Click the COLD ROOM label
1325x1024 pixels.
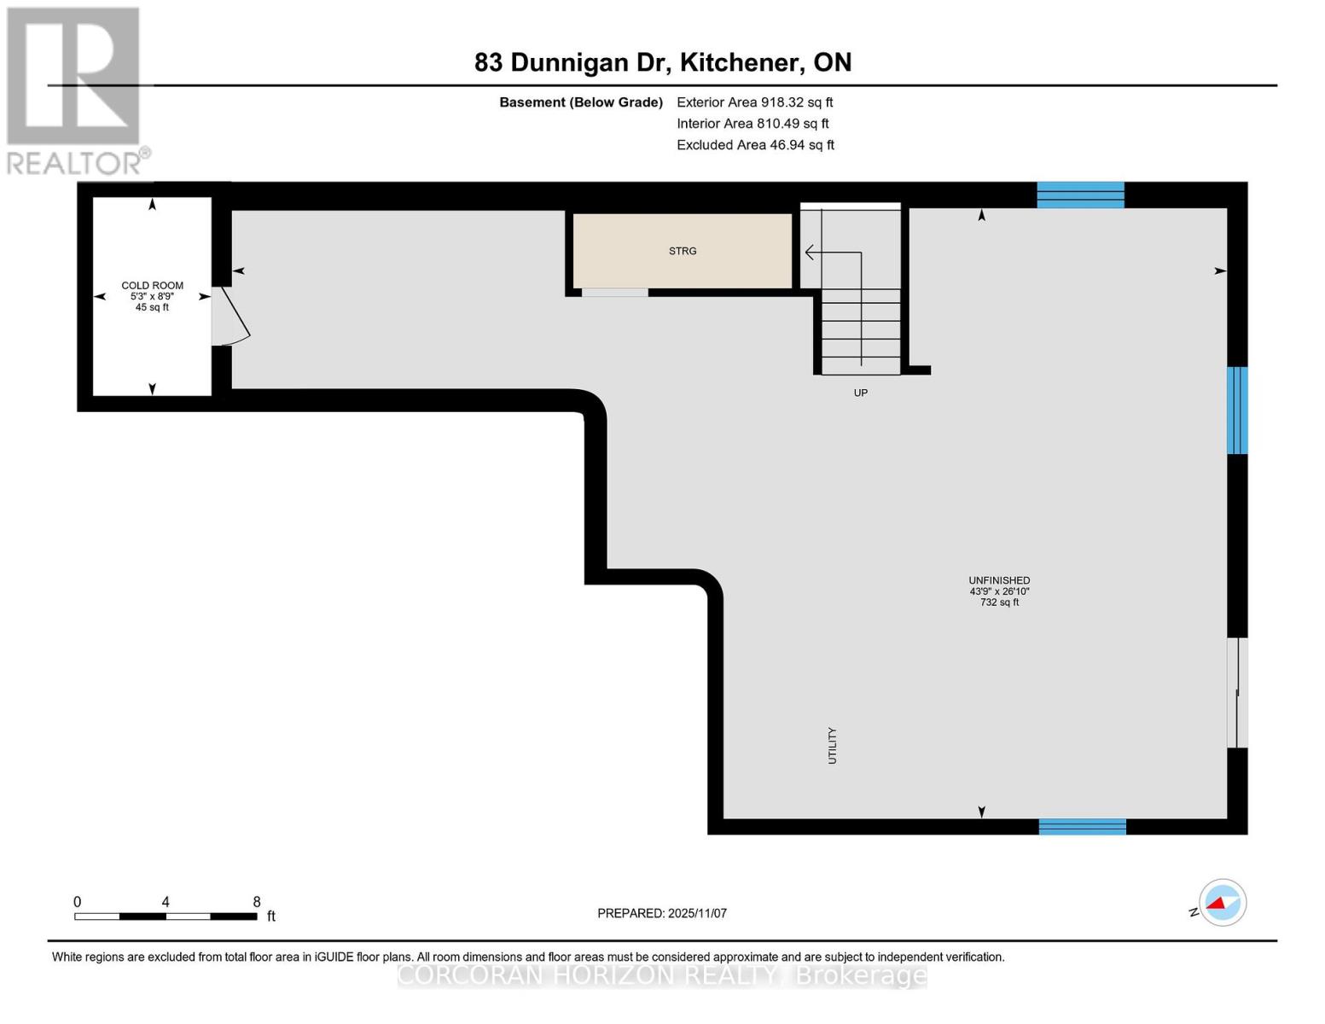click(x=152, y=286)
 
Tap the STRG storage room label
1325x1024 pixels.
click(x=683, y=251)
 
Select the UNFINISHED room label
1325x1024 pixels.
click(x=999, y=580)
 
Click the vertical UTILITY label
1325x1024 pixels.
click(x=832, y=745)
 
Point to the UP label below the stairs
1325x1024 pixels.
click(x=861, y=393)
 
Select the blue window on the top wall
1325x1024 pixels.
click(x=1080, y=195)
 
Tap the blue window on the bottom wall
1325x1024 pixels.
click(x=1082, y=826)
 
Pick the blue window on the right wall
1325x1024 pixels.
click(x=1237, y=410)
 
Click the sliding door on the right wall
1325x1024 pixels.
click(x=1237, y=693)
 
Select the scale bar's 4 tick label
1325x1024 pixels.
click(x=166, y=902)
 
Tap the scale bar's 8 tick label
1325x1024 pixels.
click(x=257, y=902)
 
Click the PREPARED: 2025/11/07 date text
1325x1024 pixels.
click(x=662, y=913)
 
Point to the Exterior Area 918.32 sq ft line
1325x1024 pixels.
click(x=754, y=102)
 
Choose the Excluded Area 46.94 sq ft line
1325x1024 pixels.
click(x=755, y=145)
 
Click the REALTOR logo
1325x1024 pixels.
click(x=75, y=90)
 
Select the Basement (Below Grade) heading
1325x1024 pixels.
click(x=581, y=102)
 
